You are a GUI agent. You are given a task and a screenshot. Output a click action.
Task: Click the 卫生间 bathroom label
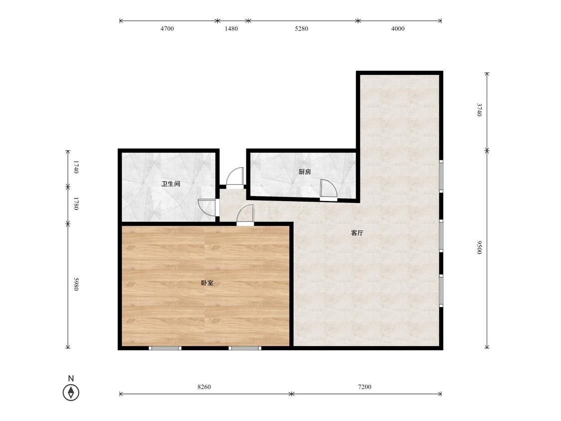point(171,184)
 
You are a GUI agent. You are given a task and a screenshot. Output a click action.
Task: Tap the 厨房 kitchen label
point(305,172)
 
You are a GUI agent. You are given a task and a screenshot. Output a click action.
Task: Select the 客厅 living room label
point(357,233)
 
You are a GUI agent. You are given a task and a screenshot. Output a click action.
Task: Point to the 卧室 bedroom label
point(207,283)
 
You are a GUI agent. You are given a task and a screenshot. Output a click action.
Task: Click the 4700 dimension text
point(167,28)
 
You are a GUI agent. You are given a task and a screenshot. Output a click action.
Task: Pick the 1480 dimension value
point(231,28)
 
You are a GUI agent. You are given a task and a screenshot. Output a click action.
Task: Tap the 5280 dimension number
point(301,28)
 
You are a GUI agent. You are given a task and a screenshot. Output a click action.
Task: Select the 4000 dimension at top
point(398,28)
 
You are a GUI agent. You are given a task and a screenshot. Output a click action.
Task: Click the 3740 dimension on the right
point(479,110)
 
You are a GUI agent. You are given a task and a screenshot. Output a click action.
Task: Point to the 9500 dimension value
point(479,247)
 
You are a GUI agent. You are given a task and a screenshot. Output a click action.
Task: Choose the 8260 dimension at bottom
point(204,387)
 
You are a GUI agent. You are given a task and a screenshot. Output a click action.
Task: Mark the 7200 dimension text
point(365,387)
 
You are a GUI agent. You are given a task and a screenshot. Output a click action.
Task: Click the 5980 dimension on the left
point(76,284)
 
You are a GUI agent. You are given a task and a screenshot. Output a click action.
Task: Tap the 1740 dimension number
point(76,167)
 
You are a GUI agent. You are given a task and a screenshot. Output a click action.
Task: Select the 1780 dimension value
point(76,204)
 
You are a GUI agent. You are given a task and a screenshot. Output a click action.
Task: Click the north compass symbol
point(71,393)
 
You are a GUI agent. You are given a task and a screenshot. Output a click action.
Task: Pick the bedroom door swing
point(245,215)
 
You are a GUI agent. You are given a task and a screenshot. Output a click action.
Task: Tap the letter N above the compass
point(71,379)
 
